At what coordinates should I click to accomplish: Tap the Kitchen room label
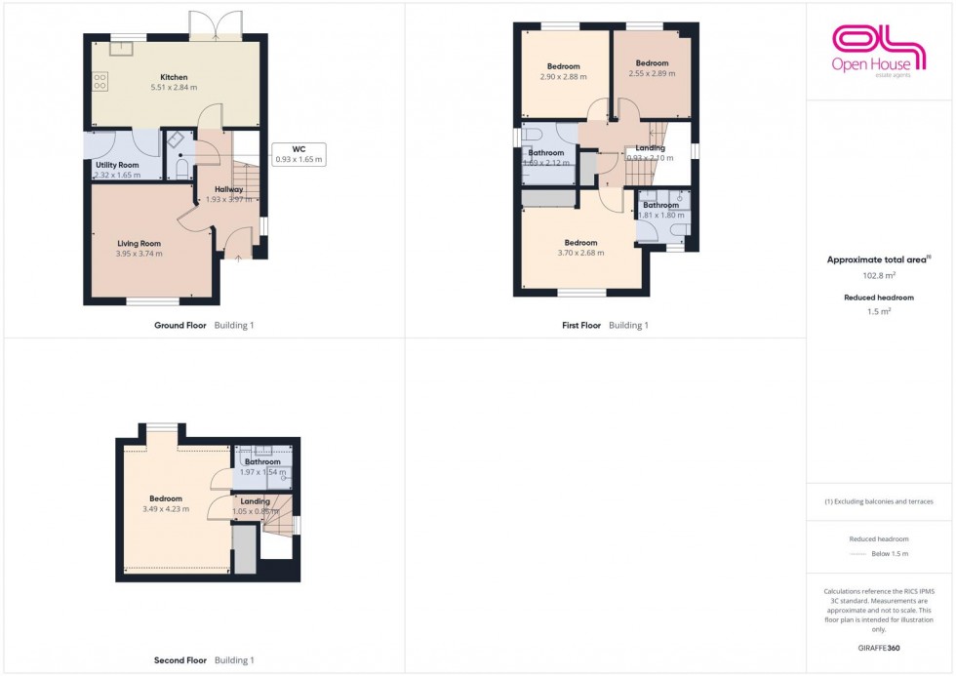click(x=174, y=77)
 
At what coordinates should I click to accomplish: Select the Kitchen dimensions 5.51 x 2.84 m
click(x=174, y=88)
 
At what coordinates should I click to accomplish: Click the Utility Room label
click(x=117, y=166)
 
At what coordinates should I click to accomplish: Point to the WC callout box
click(x=299, y=154)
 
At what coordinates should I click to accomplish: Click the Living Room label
click(x=139, y=243)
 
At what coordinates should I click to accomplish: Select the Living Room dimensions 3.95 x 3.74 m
click(x=139, y=254)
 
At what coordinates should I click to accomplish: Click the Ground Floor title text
click(x=179, y=326)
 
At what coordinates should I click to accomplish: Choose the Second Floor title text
click(x=181, y=660)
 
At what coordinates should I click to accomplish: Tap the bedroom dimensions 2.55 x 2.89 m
click(x=652, y=73)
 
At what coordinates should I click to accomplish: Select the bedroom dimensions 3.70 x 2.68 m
click(x=580, y=253)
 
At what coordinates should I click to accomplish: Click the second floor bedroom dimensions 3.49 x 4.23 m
click(x=165, y=509)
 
